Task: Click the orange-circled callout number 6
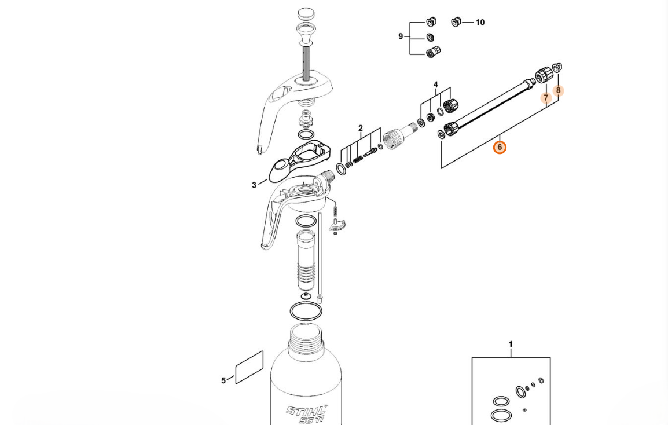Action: coord(500,148)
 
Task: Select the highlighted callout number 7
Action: coord(546,98)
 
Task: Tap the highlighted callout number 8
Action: coord(558,90)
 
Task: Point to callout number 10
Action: coord(480,22)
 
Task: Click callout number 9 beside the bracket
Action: coord(401,36)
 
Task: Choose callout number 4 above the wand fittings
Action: coord(435,85)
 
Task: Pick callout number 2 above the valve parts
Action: coord(361,128)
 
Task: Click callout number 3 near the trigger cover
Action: coord(254,185)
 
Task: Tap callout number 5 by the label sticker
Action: coord(223,380)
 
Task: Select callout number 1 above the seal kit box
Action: coord(511,345)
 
